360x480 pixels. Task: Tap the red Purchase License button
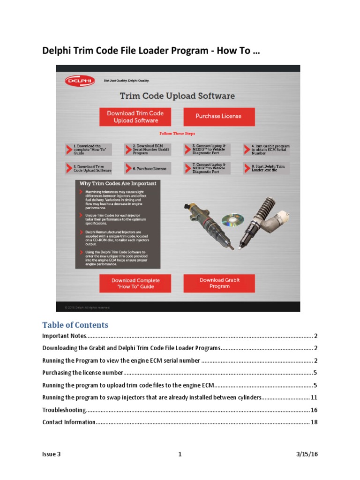tap(218, 116)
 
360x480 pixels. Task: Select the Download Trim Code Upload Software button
tap(135, 117)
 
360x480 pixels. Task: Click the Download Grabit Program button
tap(219, 283)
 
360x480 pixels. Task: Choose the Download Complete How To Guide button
tap(135, 284)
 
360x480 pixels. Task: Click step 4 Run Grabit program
tap(266, 149)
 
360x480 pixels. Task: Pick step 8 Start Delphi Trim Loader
tap(266, 168)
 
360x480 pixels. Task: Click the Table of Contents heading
tap(75, 325)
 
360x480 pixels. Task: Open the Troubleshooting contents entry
tap(64, 410)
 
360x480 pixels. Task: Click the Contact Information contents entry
tap(69, 422)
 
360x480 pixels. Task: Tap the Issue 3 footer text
tap(51, 454)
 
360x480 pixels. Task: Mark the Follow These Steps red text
tap(177, 134)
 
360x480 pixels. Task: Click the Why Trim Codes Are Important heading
tap(118, 183)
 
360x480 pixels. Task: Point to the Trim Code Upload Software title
tap(177, 96)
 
